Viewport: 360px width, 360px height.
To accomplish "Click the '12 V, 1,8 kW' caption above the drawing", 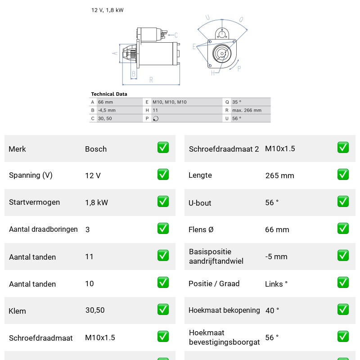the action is coord(107,10).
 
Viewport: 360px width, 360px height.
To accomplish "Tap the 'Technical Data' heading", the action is coord(109,94).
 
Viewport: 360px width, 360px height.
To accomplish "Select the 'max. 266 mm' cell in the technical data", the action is coord(247,110).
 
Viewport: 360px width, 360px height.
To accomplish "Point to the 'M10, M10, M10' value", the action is coord(170,102).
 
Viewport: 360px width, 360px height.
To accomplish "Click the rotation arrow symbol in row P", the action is coord(156,118).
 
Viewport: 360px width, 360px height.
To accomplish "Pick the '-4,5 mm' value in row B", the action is coord(107,110).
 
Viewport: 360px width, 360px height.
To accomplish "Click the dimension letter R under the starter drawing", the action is coord(151,80).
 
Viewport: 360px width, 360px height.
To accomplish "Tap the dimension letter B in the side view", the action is coord(134,74).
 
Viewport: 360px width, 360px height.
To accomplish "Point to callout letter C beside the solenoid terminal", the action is coord(176,35).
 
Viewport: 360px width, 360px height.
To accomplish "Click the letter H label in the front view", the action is coord(213,73).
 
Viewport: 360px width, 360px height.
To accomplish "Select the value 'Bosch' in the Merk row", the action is coord(96,149).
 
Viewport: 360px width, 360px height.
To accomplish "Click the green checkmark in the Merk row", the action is coord(163,148).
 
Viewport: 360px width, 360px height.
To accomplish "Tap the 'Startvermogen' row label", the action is coord(35,202).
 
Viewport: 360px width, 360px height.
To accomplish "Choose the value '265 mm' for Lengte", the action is coord(279,175).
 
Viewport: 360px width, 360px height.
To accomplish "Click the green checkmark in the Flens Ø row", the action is coord(343,229).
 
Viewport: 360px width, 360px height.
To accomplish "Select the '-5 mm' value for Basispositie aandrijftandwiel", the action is coord(276,256).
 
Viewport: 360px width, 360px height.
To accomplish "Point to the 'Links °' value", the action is coord(276,284).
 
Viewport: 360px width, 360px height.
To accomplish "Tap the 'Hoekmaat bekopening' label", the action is coord(224,310).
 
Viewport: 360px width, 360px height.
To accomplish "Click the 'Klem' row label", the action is coord(17,311).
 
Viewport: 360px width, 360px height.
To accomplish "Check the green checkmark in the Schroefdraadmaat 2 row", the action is coord(343,148).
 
